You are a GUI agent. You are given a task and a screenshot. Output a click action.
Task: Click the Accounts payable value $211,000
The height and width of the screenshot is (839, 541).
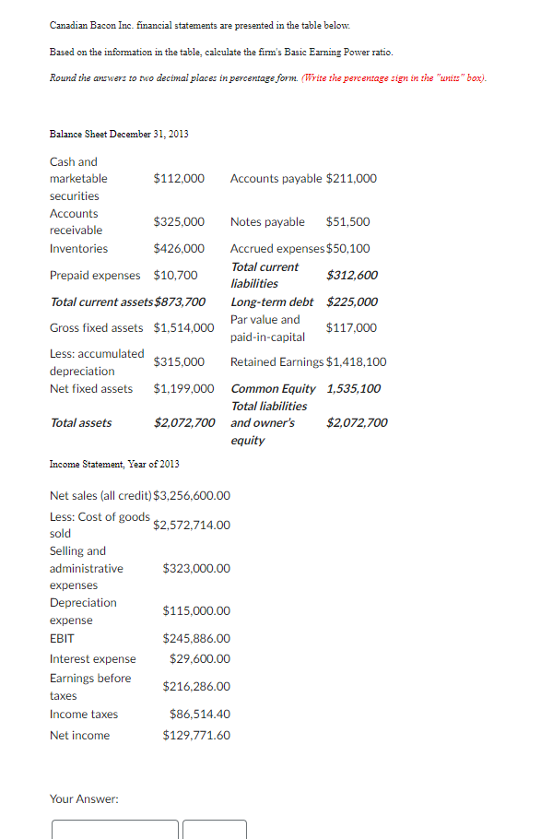[x=351, y=178]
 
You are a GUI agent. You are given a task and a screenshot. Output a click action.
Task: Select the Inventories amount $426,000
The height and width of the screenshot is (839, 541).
[x=179, y=248]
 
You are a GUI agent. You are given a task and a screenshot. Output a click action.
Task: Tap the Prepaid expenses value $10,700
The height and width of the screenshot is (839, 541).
[x=175, y=275]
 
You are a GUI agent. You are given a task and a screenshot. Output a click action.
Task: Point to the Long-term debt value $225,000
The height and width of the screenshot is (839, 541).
[x=352, y=301]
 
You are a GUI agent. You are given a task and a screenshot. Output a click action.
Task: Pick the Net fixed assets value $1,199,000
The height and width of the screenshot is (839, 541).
[x=183, y=388]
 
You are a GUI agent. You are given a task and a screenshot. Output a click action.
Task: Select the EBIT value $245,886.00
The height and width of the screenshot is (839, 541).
[x=196, y=638]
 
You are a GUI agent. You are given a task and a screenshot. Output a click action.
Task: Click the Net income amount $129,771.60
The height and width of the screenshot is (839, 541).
[x=196, y=735]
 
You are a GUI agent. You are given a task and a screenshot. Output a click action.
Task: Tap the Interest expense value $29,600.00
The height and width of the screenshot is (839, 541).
[x=200, y=658]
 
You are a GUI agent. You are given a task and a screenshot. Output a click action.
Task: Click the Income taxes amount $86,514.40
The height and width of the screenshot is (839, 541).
[x=200, y=714]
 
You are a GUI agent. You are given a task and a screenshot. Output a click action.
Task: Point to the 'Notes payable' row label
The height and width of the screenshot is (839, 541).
[x=267, y=221]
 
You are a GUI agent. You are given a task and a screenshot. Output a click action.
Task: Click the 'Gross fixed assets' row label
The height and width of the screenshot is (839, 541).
[x=96, y=327]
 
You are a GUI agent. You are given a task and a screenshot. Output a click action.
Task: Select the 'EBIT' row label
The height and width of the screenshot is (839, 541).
[x=62, y=638]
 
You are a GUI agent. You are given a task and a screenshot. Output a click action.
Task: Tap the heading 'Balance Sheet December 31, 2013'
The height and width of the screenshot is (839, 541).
[x=119, y=134]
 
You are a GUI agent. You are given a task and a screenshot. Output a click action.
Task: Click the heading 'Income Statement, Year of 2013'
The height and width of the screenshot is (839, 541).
[x=114, y=464]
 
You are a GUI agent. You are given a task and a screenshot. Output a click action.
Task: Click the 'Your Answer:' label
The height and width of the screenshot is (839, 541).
[x=84, y=798]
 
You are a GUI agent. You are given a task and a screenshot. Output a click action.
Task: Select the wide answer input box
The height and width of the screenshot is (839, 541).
[x=114, y=829]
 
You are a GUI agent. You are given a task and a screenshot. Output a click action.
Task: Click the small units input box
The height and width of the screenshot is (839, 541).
[x=215, y=829]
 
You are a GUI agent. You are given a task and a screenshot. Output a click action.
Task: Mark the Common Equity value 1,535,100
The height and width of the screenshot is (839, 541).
[x=353, y=388]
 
